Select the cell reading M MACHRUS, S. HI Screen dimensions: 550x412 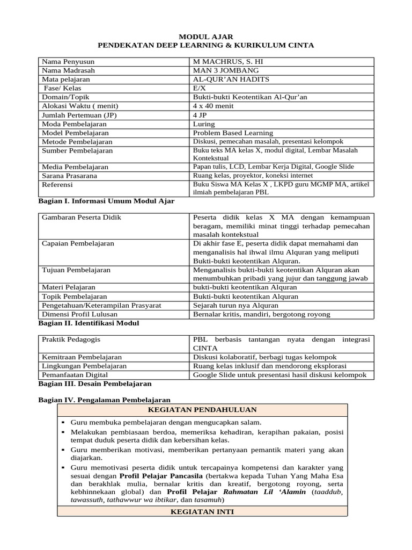pyautogui.click(x=220, y=62)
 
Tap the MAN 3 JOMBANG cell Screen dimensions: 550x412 pyautogui.click(x=218, y=70)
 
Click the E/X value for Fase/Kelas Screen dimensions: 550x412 pyautogui.click(x=198, y=88)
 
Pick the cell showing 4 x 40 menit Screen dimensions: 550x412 pyautogui.click(x=213, y=106)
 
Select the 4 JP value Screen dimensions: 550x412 pyautogui.click(x=198, y=115)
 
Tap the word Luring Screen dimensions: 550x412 pyautogui.click(x=203, y=124)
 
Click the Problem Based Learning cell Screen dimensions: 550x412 pyautogui.click(x=233, y=133)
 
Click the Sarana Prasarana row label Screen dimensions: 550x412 pyautogui.click(x=69, y=176)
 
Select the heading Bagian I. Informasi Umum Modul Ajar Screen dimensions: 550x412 pyautogui.click(x=106, y=201)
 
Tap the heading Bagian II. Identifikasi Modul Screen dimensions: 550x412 pyautogui.click(x=89, y=323)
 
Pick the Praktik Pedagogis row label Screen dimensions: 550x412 pyautogui.click(x=71, y=339)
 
